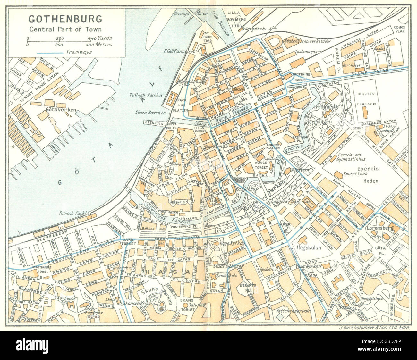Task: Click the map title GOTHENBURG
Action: [65, 19]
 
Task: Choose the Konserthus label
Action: [352, 172]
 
